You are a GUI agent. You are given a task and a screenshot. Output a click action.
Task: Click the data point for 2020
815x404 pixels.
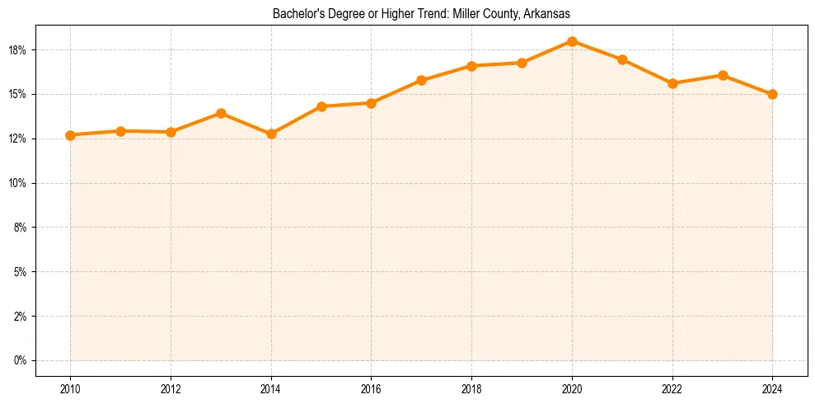(x=572, y=41)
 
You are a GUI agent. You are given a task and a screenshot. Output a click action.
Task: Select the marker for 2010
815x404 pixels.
(x=70, y=135)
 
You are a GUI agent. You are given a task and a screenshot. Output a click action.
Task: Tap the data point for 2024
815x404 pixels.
(x=772, y=94)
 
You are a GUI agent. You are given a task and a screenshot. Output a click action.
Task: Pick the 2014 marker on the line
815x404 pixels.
(x=271, y=134)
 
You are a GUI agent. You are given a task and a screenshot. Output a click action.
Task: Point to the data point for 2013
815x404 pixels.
(x=221, y=113)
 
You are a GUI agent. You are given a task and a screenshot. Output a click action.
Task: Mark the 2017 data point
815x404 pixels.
(x=421, y=80)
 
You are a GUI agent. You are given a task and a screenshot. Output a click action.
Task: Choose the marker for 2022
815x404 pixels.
(x=672, y=83)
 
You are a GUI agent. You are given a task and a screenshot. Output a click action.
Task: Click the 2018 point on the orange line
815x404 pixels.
(x=471, y=66)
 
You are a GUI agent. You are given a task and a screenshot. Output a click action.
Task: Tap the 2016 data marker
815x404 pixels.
(x=371, y=103)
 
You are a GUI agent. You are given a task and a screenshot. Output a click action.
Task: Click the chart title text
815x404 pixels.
(x=421, y=14)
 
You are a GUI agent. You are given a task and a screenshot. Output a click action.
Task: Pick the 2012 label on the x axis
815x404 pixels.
(x=171, y=388)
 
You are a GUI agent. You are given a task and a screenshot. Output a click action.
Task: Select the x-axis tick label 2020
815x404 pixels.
(x=572, y=388)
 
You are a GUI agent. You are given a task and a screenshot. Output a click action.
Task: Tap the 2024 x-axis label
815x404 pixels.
(x=772, y=388)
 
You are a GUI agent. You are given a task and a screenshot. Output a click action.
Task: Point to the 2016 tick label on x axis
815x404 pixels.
(x=371, y=388)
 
